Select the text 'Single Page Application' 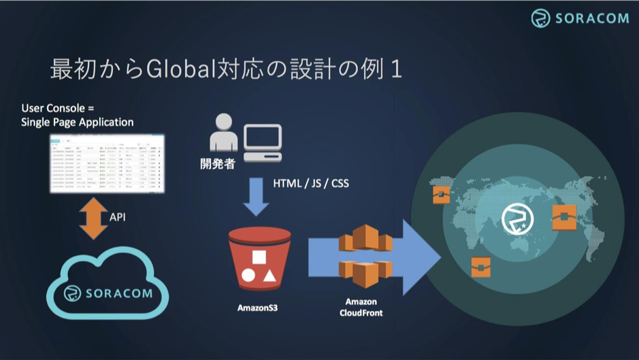78,122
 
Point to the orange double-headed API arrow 93,217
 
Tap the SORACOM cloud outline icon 108,291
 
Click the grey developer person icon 224,133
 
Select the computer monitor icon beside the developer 263,140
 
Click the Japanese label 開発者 218,163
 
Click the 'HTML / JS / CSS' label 311,184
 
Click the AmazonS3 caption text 257,308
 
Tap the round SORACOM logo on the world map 517,219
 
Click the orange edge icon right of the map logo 565,217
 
